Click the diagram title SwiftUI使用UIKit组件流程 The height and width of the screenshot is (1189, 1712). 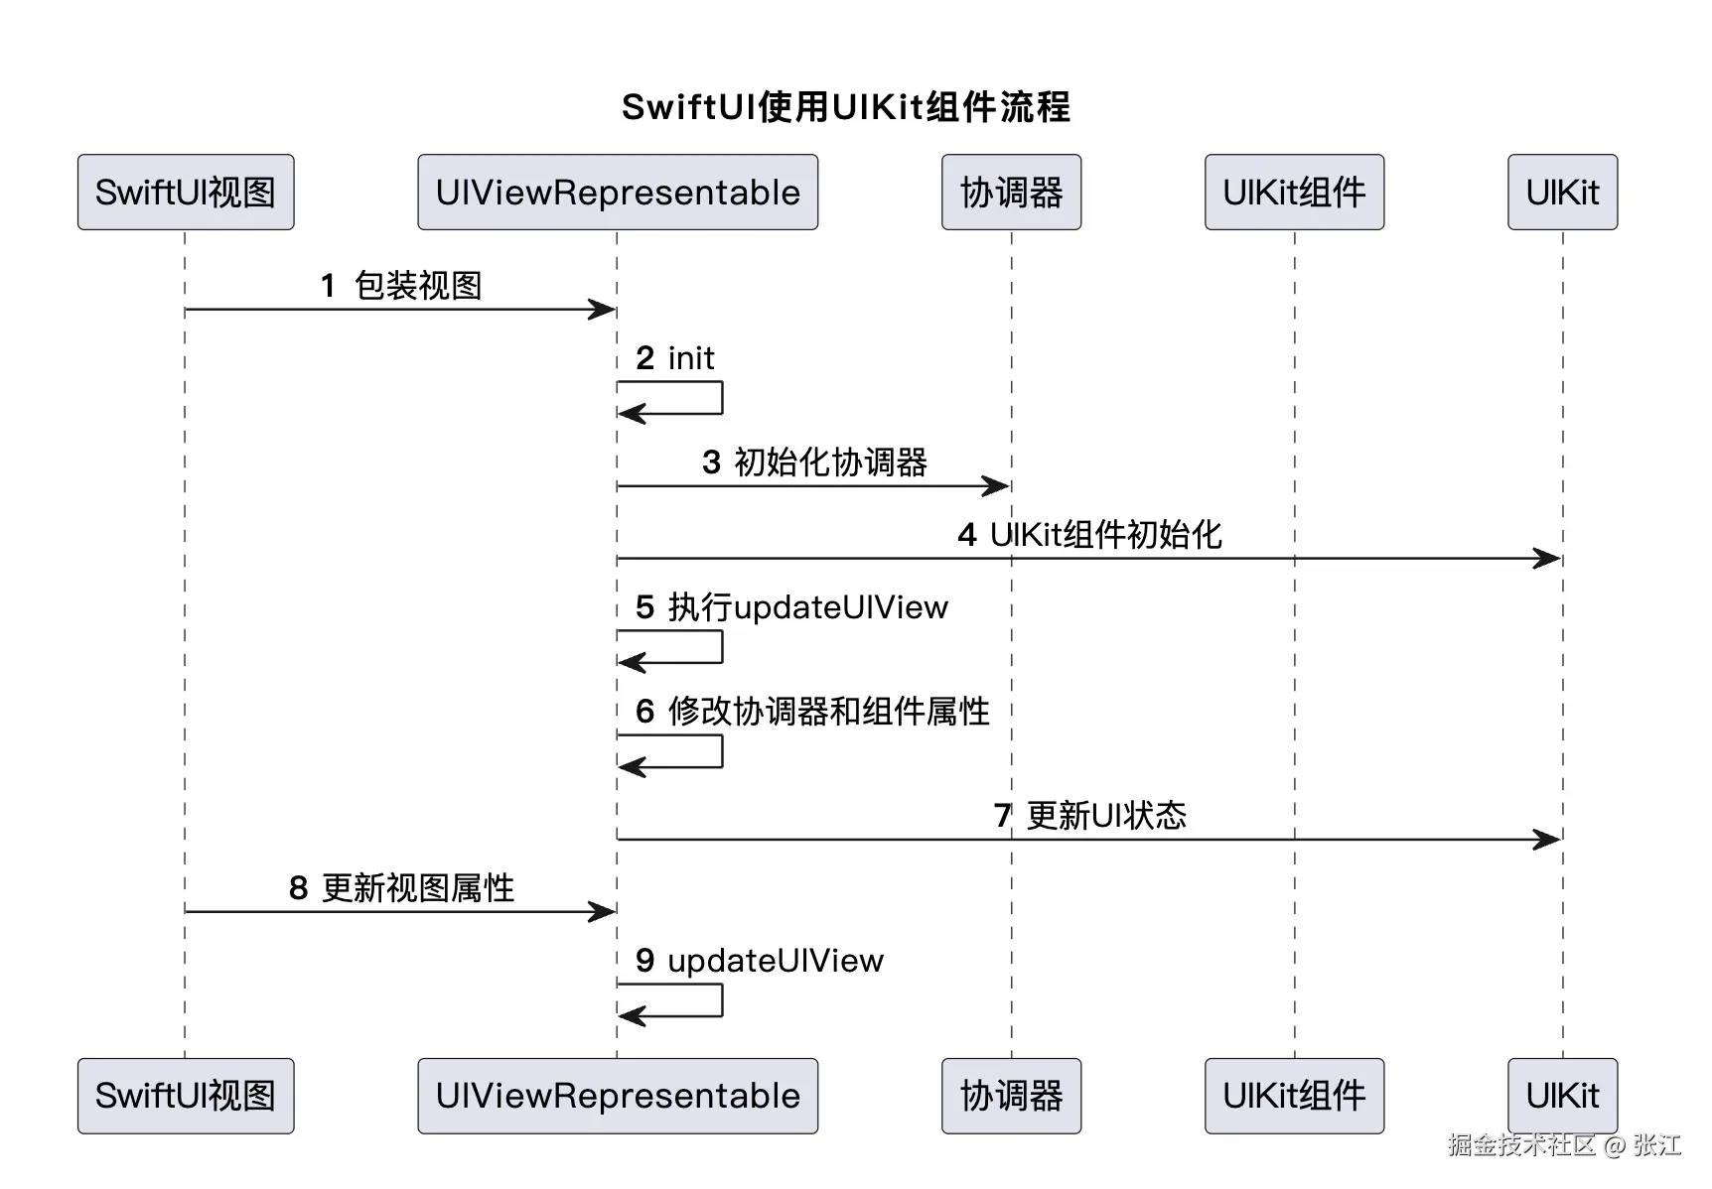[846, 107]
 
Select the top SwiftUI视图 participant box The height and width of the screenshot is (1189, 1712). [186, 193]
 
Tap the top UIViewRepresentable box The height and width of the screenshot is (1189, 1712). [618, 193]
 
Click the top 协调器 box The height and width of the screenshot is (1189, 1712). [1011, 193]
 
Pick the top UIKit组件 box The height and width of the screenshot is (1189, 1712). [1294, 193]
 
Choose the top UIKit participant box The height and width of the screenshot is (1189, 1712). [1562, 193]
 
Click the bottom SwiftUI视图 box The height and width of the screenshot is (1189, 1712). [186, 1096]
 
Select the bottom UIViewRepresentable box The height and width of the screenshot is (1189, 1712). [618, 1096]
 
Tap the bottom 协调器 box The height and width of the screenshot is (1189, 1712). [1011, 1096]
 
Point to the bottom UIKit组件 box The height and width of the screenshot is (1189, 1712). [1294, 1096]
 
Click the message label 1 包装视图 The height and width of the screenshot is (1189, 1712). [401, 286]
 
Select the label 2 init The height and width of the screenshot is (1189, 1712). [675, 358]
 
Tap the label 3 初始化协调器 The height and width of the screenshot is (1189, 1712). [814, 462]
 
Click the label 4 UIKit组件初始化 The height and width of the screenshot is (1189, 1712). [1089, 535]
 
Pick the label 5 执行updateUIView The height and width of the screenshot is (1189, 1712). [791, 607]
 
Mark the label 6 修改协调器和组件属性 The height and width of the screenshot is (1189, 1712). [812, 712]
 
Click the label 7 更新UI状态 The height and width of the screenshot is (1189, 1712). [1089, 816]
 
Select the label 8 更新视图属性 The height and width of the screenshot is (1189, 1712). [401, 888]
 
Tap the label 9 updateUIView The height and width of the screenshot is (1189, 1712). [760, 961]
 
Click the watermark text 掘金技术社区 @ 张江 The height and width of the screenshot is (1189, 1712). [1564, 1144]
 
